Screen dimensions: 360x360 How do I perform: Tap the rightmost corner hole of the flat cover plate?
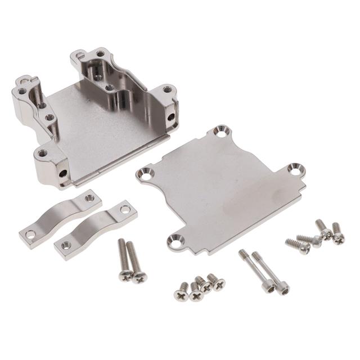tap(294, 169)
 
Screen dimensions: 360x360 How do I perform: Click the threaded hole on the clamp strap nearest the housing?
tap(89, 198)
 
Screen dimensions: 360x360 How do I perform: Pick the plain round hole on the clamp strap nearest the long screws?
tap(125, 209)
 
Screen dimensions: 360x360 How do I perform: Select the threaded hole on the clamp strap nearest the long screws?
tap(66, 245)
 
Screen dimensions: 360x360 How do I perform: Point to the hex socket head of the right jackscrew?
tap(283, 289)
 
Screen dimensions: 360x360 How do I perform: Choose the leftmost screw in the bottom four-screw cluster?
tap(182, 293)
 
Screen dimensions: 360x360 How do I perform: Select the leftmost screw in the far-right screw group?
tap(304, 247)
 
